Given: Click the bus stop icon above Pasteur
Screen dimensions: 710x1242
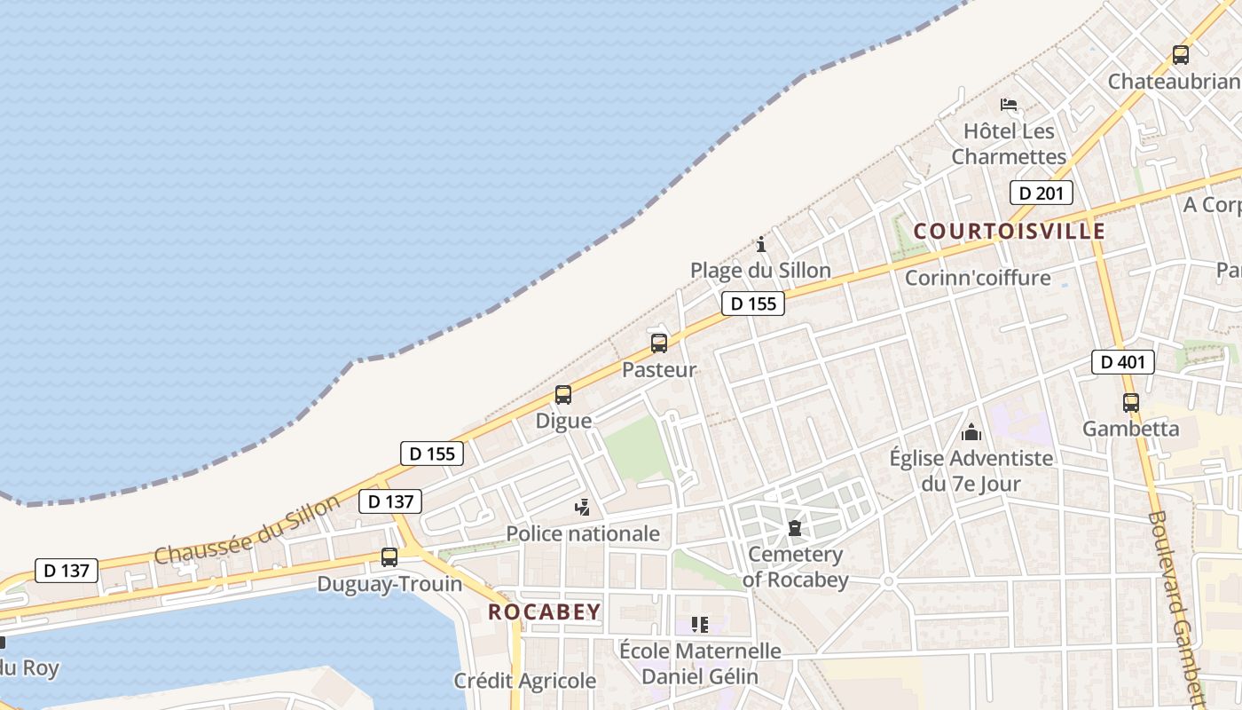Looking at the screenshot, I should [659, 343].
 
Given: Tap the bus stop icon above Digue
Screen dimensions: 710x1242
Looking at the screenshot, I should [563, 395].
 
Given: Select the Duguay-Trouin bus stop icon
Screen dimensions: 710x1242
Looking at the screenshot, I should [389, 557].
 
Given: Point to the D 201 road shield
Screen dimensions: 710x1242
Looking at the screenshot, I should [1042, 193].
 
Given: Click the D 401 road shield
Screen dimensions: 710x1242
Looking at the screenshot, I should [1122, 362].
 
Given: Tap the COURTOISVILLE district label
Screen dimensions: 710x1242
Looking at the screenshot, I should [1010, 232].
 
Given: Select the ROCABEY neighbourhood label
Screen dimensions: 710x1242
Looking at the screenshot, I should [545, 612].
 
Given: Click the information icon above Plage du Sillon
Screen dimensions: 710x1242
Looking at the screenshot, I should [760, 244].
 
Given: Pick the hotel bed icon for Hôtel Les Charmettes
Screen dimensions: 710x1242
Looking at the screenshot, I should [1009, 105].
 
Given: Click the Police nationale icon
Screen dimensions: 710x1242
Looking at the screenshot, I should [583, 508].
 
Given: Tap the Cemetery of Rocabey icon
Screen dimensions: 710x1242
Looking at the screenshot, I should [795, 528].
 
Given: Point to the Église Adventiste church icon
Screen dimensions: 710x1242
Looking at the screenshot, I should [971, 432].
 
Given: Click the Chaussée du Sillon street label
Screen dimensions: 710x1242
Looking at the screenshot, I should [247, 530].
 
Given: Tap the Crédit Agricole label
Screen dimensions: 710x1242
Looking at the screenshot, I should [525, 681].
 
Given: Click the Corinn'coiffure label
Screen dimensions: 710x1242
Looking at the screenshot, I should [978, 278].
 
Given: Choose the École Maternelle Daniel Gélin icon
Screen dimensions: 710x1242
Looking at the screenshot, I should [700, 625].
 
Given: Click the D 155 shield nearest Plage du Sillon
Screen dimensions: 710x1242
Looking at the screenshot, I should [753, 304].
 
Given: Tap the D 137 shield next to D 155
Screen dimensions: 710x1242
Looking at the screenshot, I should [390, 501].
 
